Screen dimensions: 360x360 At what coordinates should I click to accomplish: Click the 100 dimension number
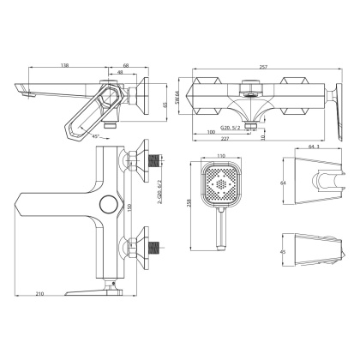tap(212, 131)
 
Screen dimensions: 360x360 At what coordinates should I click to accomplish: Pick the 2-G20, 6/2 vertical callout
tap(160, 207)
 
